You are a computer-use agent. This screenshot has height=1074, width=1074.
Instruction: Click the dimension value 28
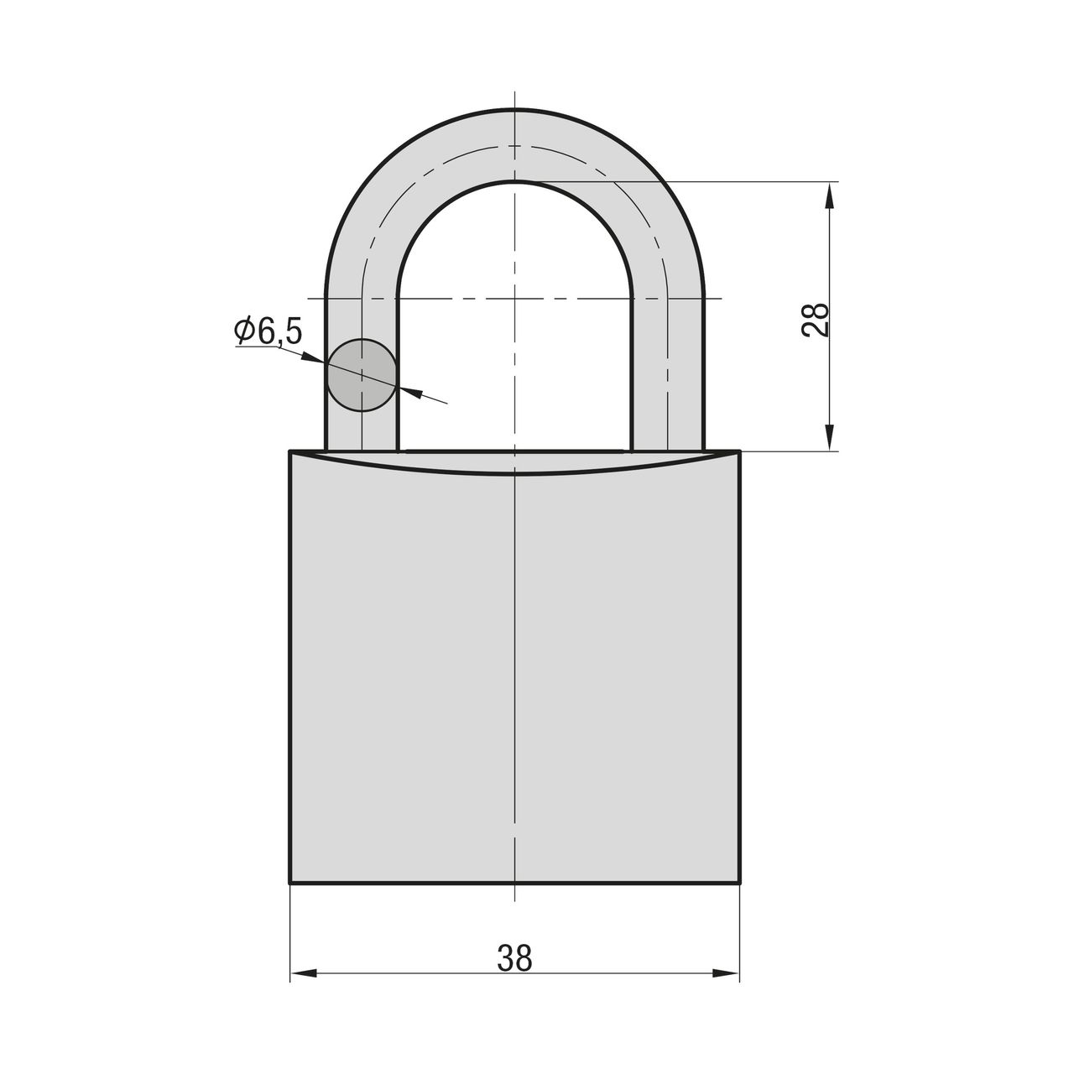[815, 320]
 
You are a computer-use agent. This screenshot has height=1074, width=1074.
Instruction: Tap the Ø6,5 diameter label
[268, 331]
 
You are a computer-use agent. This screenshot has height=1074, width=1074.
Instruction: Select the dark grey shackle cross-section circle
[362, 375]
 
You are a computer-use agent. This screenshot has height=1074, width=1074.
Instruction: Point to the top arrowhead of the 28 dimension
[829, 196]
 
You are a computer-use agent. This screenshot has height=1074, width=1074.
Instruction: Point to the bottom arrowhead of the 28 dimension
[829, 437]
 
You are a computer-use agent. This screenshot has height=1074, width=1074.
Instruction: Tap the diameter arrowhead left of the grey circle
[313, 357]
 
